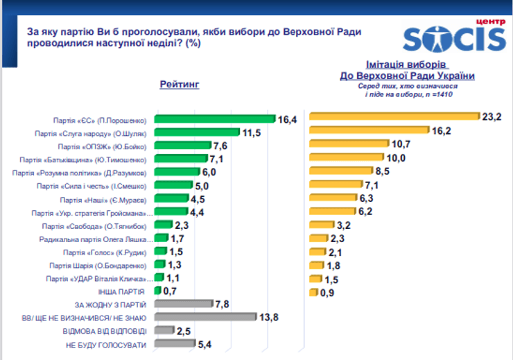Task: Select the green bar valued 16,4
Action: pyautogui.click(x=214, y=119)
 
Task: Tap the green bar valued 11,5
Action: pyautogui.click(x=196, y=132)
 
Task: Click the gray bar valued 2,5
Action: pyautogui.click(x=163, y=330)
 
